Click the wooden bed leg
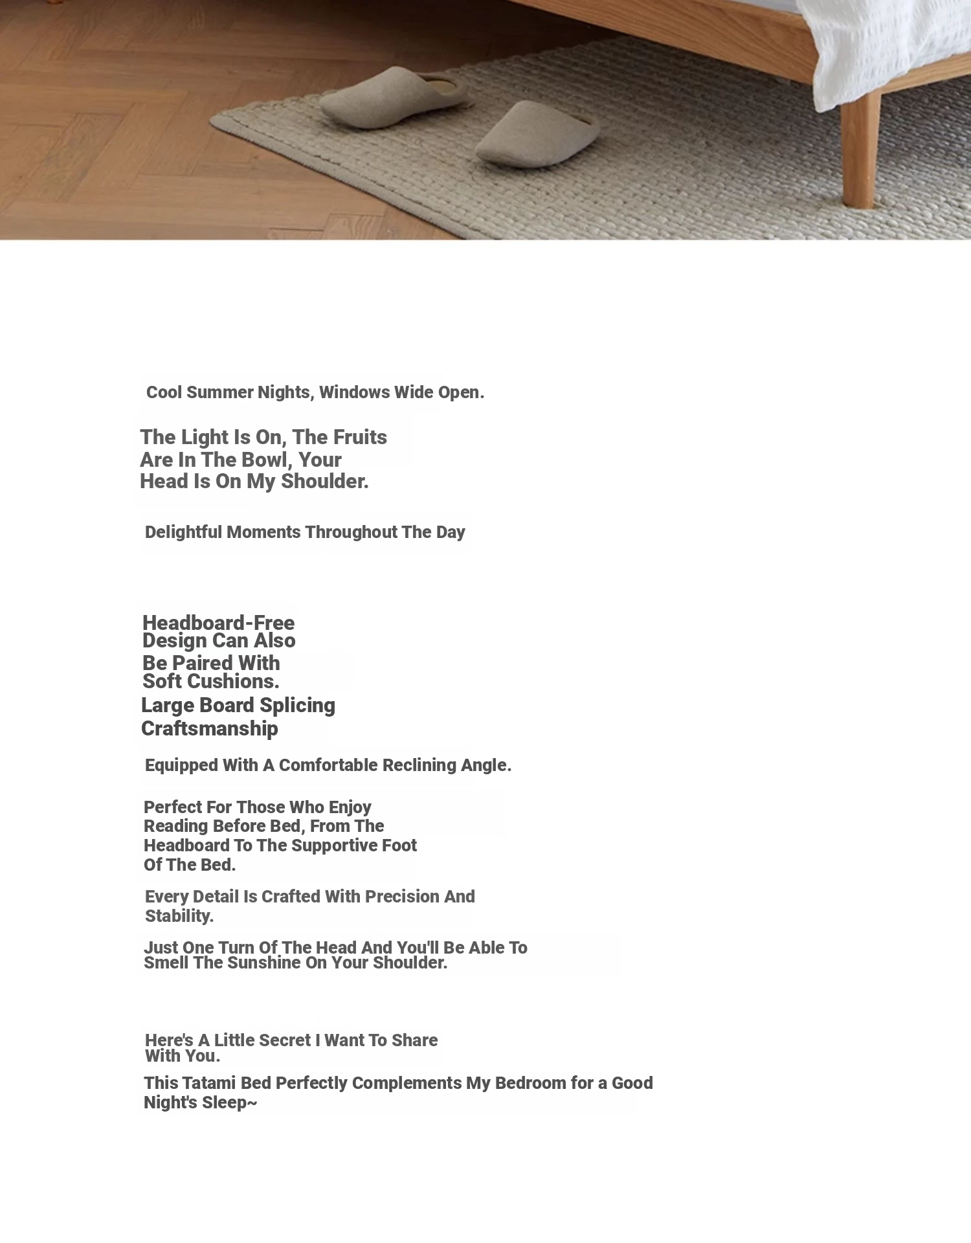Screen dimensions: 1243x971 coord(860,149)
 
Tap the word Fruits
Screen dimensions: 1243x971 coord(357,438)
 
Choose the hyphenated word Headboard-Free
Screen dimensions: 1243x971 coord(218,623)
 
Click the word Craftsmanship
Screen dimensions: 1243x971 coord(209,729)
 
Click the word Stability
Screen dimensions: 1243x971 coord(179,916)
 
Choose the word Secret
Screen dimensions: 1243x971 coord(285,1040)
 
